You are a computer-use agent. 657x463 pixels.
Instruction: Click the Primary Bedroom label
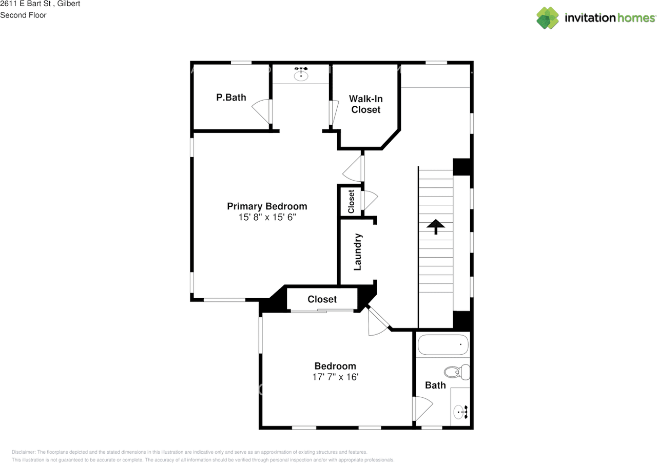tap(267, 206)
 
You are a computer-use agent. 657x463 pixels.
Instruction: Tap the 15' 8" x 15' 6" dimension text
tap(267, 217)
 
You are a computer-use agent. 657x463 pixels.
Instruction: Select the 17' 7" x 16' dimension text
tap(335, 377)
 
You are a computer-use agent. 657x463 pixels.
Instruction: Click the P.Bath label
tap(231, 97)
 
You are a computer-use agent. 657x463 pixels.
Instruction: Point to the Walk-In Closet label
tap(366, 104)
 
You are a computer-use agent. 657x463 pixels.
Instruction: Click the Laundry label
tap(358, 252)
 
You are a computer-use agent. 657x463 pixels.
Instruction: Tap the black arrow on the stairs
tap(436, 226)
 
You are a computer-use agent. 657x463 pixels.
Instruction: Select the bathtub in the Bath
tap(443, 344)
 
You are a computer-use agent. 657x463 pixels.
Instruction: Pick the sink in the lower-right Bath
tap(460, 412)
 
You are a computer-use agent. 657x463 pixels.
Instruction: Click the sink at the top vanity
tap(301, 75)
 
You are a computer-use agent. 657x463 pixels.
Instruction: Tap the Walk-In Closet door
tap(334, 112)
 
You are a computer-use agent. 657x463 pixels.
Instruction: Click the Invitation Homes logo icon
tap(548, 18)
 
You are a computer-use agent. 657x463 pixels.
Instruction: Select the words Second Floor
tap(23, 15)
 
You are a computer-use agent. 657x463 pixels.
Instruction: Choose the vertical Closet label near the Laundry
tap(351, 202)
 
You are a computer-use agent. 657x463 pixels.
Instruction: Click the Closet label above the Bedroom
tap(322, 299)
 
